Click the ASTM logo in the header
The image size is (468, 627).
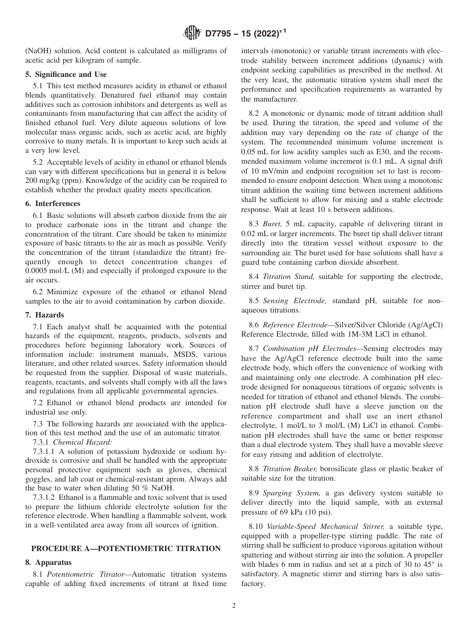coord(191,33)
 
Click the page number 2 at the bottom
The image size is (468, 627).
coord(234,606)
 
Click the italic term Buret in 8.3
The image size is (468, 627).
coord(272,223)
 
